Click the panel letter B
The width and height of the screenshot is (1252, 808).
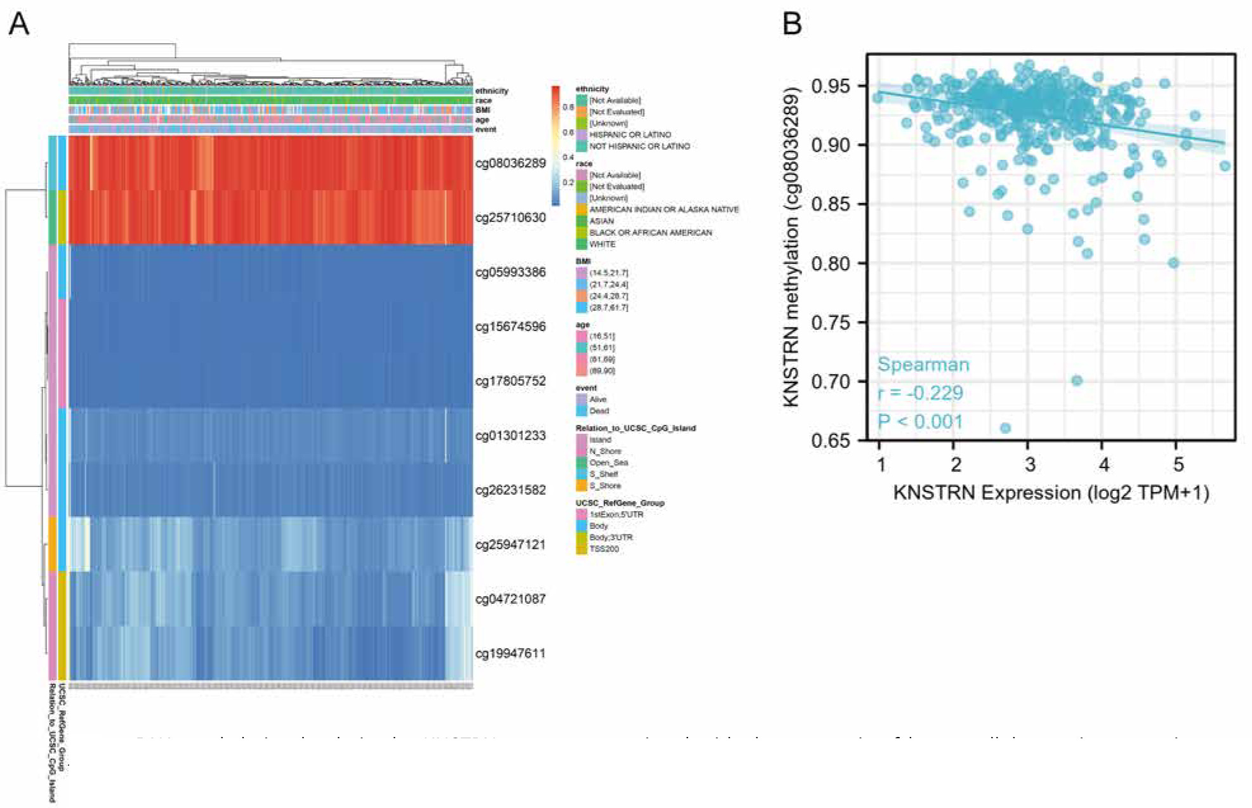tap(792, 24)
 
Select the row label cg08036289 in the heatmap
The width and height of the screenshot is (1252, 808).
tap(510, 163)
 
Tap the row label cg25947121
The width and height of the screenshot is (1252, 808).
tap(510, 545)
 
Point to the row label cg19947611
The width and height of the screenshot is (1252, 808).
tap(510, 654)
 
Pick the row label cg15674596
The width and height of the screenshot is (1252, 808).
tap(510, 327)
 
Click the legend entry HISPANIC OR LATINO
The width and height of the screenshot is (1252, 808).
tap(629, 135)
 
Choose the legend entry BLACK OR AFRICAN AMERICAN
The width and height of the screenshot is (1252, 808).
tap(650, 233)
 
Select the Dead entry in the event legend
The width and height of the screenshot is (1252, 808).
tap(598, 411)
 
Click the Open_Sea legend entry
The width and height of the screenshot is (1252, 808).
tap(608, 463)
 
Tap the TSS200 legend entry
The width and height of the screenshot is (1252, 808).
tap(603, 549)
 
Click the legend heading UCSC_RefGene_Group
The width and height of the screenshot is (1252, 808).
tap(619, 503)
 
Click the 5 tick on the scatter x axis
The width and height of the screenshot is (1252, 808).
tap(1178, 465)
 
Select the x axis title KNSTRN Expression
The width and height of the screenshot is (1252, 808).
tap(1050, 493)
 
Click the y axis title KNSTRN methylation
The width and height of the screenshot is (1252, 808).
tap(791, 247)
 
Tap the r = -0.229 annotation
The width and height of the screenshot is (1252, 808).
tap(920, 393)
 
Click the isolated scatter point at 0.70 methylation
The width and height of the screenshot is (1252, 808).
tap(1077, 381)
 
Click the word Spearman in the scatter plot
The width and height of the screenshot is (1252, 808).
tap(923, 365)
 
